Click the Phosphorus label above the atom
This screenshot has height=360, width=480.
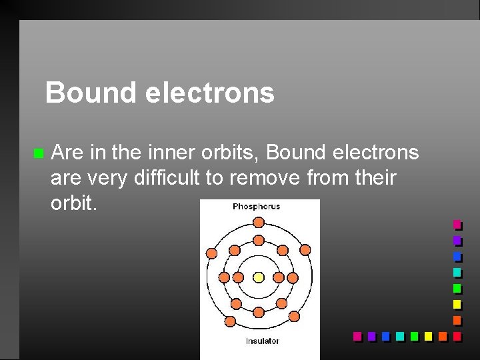[x=257, y=207]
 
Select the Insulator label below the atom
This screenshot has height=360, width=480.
[x=262, y=341]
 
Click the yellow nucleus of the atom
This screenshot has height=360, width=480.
[x=259, y=277]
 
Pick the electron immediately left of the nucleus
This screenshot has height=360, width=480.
[x=238, y=277]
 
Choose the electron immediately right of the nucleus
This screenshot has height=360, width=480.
[x=279, y=277]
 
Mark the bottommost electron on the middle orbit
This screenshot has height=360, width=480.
[x=259, y=312]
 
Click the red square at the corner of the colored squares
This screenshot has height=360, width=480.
[x=457, y=335]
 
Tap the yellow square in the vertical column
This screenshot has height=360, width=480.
[x=457, y=304]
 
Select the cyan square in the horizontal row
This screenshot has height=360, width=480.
[x=399, y=335]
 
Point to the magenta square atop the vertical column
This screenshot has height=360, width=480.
[x=457, y=224]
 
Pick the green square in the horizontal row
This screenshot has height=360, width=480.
[x=414, y=335]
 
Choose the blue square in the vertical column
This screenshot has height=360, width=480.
[x=457, y=256]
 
